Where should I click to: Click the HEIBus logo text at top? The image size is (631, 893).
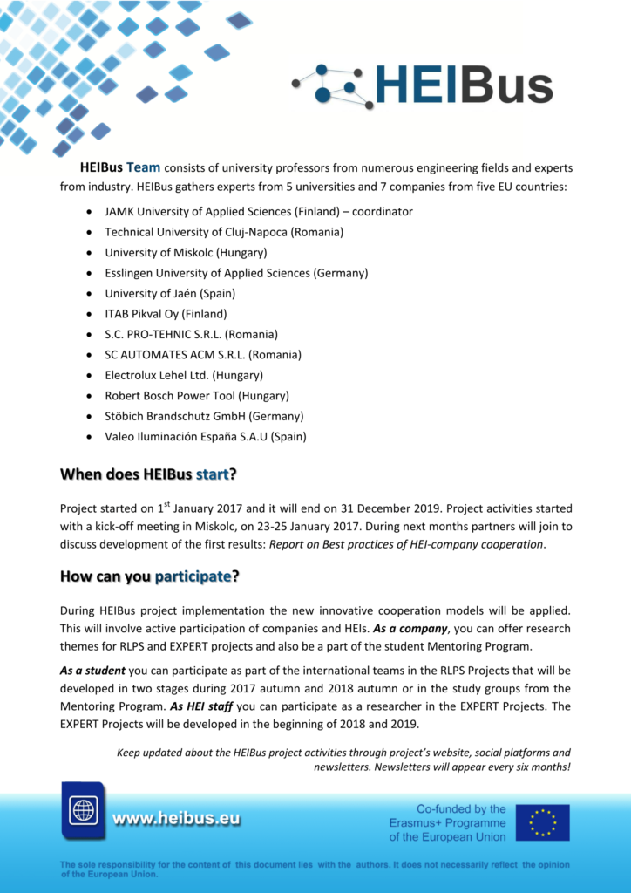coord(464,85)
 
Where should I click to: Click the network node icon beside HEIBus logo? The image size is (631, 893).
coord(333,85)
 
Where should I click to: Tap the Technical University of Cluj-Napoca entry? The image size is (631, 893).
coord(224,232)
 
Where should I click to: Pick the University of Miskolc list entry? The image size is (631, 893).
coord(186,253)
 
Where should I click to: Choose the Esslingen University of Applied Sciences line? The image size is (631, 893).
coord(236,273)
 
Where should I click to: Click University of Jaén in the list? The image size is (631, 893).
coord(170,294)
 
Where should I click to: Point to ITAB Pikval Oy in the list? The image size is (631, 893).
coord(166,314)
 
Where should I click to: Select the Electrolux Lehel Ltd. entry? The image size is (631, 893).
coord(184,375)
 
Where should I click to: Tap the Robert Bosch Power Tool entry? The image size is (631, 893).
coord(197,396)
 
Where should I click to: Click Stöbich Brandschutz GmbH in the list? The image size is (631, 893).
coord(204,416)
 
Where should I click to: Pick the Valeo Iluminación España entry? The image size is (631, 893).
coord(206,436)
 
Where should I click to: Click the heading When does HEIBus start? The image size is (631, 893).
coord(148,474)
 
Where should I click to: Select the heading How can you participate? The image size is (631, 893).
coord(149,576)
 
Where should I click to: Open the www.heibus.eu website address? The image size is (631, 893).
coord(176,819)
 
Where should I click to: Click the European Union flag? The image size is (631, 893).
coord(542,822)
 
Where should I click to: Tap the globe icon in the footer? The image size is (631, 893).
coord(84,810)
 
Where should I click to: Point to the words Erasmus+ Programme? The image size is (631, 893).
coord(447,823)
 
